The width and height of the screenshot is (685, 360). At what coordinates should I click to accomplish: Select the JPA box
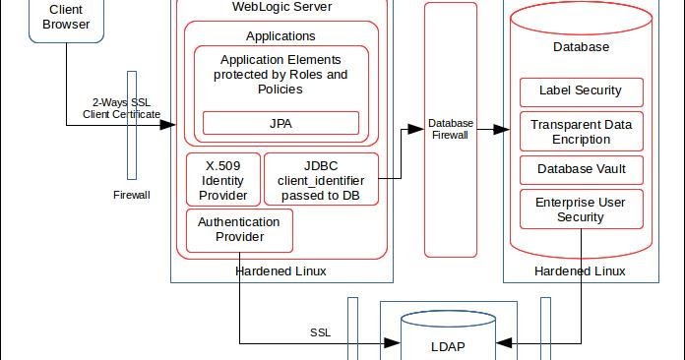[280, 123]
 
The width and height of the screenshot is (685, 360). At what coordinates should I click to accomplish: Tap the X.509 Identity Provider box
[222, 179]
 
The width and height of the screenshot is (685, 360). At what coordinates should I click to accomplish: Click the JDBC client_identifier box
[320, 179]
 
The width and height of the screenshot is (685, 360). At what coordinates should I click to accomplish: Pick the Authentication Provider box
[238, 229]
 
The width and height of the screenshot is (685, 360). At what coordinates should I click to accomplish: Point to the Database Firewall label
[451, 129]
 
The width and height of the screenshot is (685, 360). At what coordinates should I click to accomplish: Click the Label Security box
[580, 91]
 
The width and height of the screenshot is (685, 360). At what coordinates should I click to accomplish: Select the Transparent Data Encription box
[580, 132]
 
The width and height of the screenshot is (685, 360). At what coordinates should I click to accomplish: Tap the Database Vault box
[580, 169]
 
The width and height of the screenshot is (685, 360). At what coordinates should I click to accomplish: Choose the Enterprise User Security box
[580, 209]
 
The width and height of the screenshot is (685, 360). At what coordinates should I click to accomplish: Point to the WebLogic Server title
[280, 8]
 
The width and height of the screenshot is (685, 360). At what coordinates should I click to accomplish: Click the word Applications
[280, 36]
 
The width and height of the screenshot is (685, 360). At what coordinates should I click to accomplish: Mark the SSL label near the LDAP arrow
[320, 332]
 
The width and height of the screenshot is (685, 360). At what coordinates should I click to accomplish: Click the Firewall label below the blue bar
[132, 195]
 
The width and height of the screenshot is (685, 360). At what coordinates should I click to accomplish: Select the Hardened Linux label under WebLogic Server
[280, 270]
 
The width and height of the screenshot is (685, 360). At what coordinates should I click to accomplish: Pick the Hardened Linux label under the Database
[580, 270]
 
